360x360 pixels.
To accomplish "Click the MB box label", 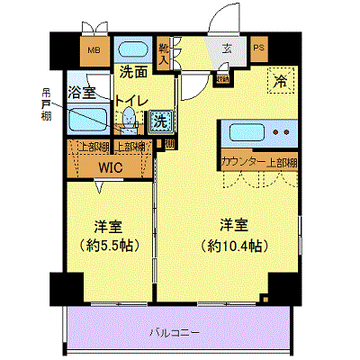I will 94,50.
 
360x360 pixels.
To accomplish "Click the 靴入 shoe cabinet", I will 164,51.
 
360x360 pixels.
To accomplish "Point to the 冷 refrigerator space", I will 280,81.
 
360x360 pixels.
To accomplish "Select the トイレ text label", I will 127,101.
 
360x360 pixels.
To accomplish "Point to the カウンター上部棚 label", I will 258,162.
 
